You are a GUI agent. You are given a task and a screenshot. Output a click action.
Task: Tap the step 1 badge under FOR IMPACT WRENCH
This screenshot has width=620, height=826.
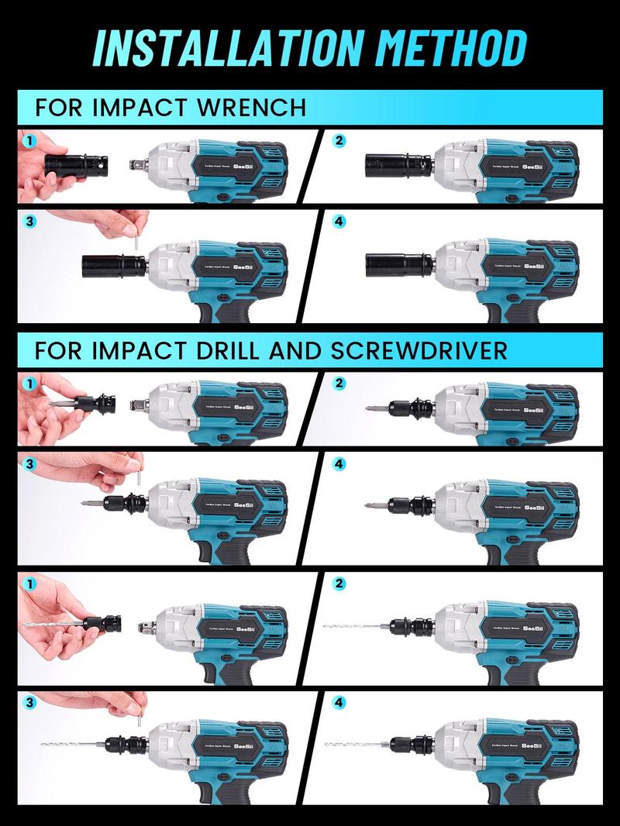[x=30, y=142]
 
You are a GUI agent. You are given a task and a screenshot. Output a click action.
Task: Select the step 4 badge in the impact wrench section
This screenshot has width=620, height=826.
[x=338, y=222]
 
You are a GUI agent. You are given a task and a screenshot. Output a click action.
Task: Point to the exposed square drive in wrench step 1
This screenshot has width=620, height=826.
[x=139, y=166]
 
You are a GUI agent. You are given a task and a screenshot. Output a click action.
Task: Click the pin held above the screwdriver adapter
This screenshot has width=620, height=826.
[x=139, y=480]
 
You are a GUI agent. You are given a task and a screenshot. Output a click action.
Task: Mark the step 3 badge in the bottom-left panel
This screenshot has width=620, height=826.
[x=30, y=702]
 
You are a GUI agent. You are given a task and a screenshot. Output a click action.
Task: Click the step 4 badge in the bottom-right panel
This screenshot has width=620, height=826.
[x=338, y=702]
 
